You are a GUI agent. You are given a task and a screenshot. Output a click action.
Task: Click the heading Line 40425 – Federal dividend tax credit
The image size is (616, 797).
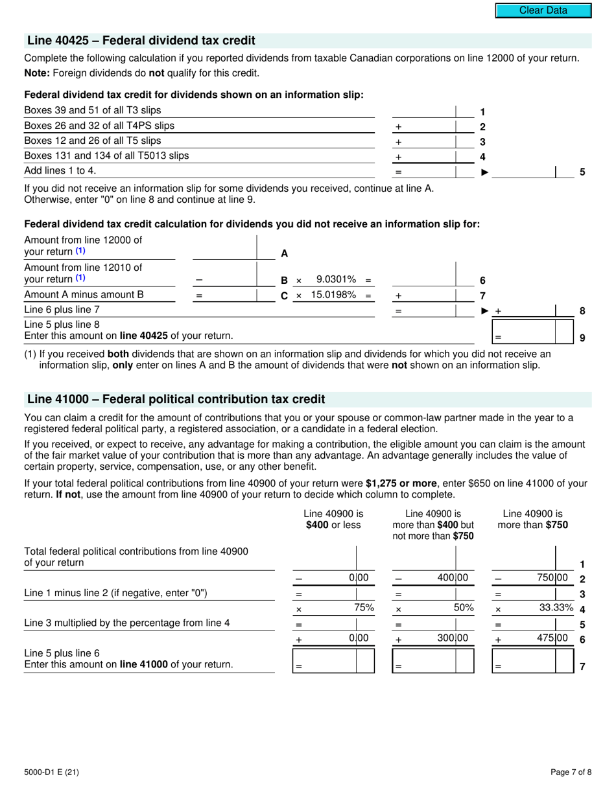[x=141, y=40]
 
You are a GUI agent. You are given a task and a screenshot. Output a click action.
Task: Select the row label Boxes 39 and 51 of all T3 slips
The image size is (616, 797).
[x=92, y=110]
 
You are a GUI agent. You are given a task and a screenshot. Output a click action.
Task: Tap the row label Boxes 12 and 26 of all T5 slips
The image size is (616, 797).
[x=92, y=141]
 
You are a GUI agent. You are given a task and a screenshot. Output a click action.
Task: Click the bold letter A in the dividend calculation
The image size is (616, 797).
[x=284, y=254]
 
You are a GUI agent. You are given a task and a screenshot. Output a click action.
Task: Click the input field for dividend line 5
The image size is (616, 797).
[x=528, y=172]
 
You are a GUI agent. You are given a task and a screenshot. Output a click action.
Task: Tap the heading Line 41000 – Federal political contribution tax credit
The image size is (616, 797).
[x=176, y=398]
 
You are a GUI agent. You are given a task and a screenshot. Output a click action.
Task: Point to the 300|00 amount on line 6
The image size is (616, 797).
[x=453, y=638]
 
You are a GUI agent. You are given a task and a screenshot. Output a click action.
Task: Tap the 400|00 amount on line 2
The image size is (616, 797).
[x=453, y=577]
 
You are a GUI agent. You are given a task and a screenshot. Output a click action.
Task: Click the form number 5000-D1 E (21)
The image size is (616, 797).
[x=52, y=771]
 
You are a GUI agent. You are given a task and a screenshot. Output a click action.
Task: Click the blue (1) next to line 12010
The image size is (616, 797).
[x=80, y=278]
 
